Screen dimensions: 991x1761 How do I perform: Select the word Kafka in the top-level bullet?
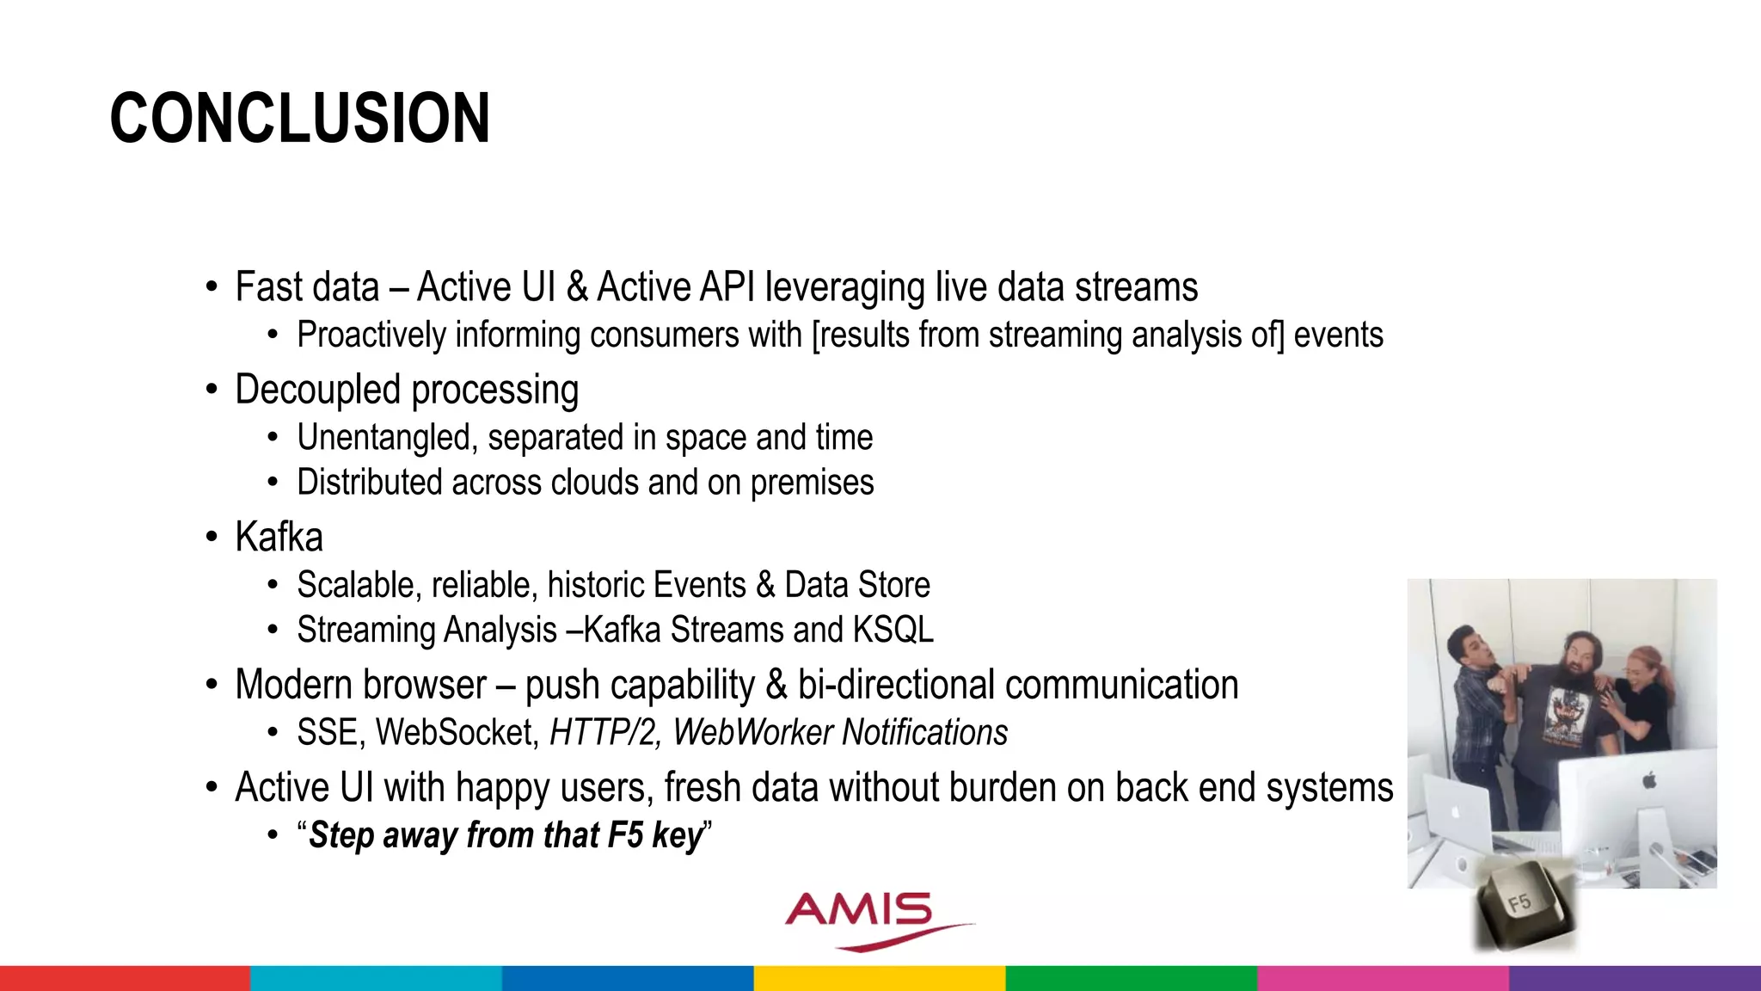279,538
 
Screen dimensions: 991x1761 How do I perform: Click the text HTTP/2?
604,733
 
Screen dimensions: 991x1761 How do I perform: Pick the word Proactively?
371,335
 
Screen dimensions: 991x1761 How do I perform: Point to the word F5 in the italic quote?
625,835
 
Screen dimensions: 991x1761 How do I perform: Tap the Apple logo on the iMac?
1648,780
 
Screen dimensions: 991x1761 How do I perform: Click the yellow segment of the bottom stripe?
880,978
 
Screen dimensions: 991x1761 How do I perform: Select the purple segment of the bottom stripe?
1635,978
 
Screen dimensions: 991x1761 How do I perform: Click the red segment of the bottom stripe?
125,978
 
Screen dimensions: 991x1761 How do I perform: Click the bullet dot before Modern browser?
212,686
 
